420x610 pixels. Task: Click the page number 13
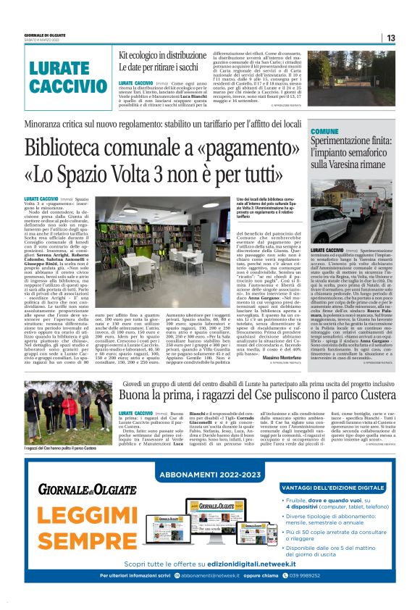390,38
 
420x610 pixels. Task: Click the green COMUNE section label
324,130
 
